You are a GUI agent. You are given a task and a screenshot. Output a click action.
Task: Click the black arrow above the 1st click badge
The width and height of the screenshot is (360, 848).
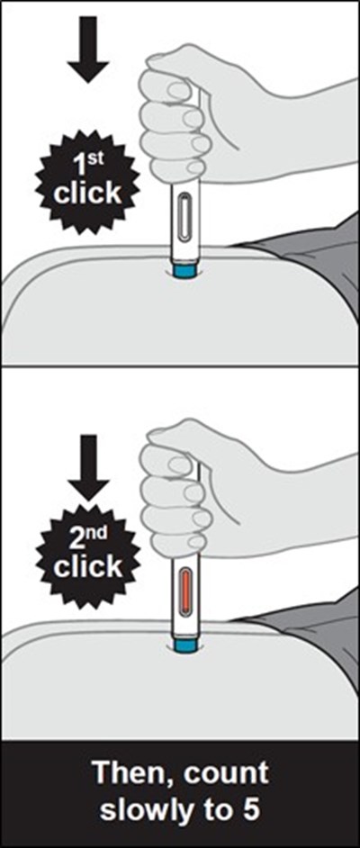[x=88, y=50]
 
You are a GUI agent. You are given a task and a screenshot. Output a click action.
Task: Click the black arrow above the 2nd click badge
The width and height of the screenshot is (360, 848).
[x=88, y=468]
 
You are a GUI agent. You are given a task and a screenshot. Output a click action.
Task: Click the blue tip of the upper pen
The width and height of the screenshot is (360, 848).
[x=185, y=270]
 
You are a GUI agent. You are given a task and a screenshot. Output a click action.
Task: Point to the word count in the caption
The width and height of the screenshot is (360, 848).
[x=227, y=774]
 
